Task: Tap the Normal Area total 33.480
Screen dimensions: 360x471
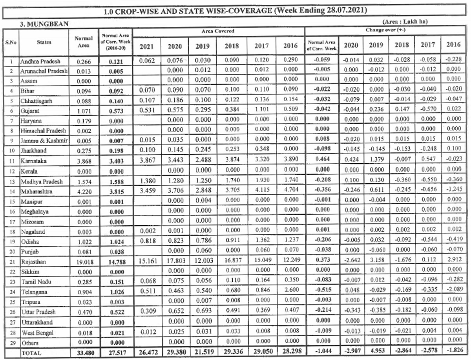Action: pyautogui.click(x=83, y=353)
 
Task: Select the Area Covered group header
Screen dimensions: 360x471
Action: pyautogui.click(x=218, y=31)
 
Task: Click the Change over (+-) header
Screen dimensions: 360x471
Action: pyautogui.click(x=385, y=30)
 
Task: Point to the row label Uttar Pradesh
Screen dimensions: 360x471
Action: pyautogui.click(x=38, y=312)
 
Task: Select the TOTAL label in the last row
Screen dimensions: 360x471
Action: pyautogui.click(x=31, y=353)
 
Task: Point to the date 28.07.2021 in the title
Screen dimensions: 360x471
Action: pyautogui.click(x=345, y=11)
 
